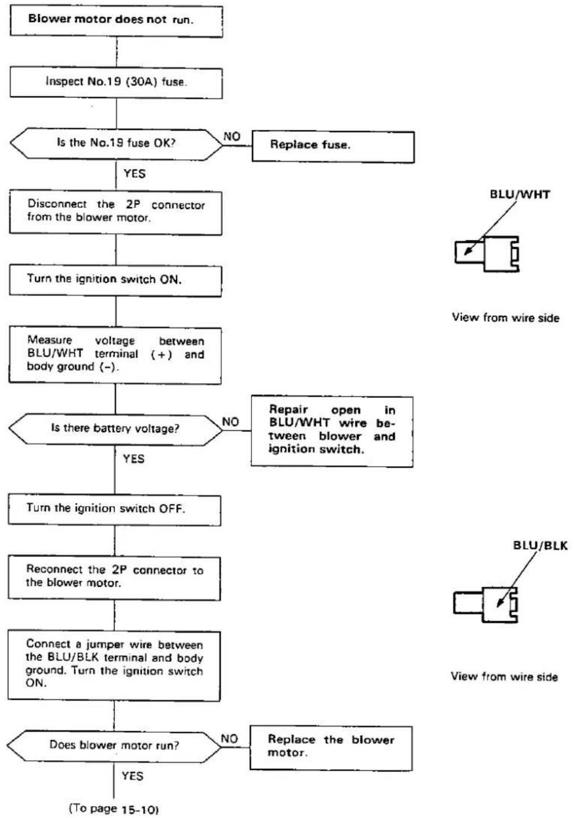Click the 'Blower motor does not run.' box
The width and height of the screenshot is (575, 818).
pos(116,20)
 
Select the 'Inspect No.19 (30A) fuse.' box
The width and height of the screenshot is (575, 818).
pos(116,82)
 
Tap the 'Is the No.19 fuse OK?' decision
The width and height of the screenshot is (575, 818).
pos(116,143)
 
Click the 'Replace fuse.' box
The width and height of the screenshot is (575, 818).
pos(333,146)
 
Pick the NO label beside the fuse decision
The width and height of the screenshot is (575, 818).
pos(232,136)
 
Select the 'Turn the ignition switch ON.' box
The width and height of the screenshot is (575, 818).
pos(115,280)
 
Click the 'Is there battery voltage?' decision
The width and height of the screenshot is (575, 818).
pos(115,429)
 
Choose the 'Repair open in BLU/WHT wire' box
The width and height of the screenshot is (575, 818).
pos(332,431)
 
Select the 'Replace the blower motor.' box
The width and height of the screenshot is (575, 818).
pos(331,749)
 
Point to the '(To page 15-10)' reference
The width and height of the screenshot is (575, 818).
pos(114,808)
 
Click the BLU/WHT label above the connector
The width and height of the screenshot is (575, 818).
pos(520,194)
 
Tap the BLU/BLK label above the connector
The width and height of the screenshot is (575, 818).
pos(541,545)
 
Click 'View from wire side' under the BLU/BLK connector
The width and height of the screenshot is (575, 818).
pos(504,676)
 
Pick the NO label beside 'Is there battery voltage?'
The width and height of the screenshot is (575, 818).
pos(230,422)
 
